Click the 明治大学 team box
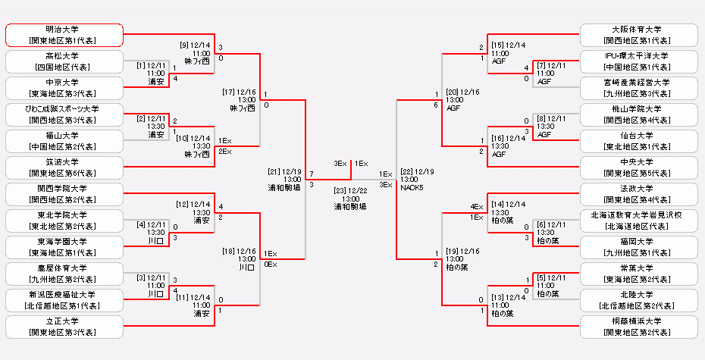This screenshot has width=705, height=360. [x=64, y=35]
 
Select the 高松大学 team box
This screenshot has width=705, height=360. [x=64, y=61]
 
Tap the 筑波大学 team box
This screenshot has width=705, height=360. [x=64, y=167]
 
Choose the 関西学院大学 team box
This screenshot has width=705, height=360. [x=64, y=194]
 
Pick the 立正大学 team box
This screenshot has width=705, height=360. [x=64, y=327]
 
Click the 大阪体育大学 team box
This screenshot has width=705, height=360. [x=638, y=35]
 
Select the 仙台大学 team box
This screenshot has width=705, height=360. [x=638, y=141]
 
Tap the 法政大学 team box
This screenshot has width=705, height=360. [x=638, y=194]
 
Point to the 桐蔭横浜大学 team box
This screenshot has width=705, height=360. [x=638, y=327]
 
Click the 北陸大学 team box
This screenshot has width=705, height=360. [x=638, y=300]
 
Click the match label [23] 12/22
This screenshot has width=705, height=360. [x=351, y=190]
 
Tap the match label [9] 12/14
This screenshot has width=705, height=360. [x=196, y=45]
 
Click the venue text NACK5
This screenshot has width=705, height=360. [x=412, y=187]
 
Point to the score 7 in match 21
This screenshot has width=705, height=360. [x=312, y=174]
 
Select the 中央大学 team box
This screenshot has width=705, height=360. [x=638, y=167]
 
